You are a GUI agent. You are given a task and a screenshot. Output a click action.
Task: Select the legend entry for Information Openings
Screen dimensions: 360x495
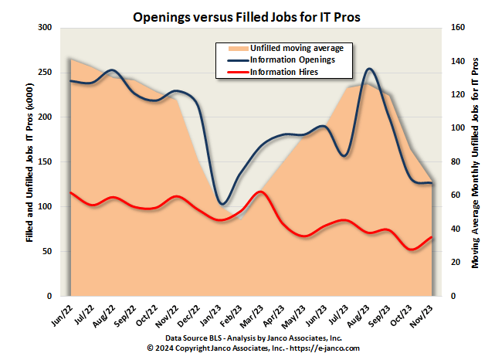coord(292,59)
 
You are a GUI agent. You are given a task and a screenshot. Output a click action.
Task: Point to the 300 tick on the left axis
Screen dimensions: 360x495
coord(44,28)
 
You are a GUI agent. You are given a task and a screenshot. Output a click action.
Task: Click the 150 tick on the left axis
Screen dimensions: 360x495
coord(44,162)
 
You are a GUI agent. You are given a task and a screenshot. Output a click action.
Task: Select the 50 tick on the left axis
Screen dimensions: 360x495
coord(46,252)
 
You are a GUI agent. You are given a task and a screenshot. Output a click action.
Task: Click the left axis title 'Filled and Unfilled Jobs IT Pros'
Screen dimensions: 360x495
coord(29,162)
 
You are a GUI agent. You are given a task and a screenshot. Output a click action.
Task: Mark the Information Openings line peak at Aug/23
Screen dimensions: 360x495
coord(370,69)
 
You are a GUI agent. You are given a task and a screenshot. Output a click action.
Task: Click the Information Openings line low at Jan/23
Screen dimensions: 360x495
coord(222,204)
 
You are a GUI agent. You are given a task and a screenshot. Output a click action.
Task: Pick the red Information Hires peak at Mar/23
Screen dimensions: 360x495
coord(261,192)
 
